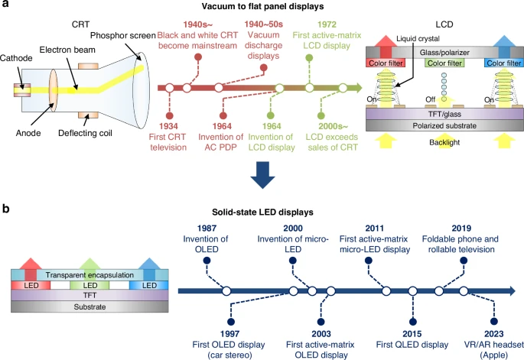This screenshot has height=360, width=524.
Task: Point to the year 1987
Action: (x=206, y=229)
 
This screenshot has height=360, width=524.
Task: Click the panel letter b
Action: (x=6, y=208)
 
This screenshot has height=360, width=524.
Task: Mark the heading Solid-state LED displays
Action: (x=261, y=209)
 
